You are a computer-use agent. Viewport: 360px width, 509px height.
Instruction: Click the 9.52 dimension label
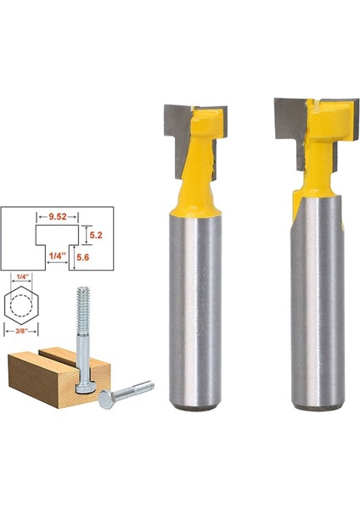click(x=58, y=216)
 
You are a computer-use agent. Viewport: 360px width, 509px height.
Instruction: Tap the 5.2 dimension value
click(x=96, y=235)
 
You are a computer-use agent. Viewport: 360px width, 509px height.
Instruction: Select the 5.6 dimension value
click(x=83, y=257)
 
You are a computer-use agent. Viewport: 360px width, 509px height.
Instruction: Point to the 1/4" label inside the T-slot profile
click(x=57, y=255)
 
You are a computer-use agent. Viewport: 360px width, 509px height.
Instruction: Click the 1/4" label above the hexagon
click(x=22, y=277)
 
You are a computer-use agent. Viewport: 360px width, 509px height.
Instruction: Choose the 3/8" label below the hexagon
click(x=21, y=331)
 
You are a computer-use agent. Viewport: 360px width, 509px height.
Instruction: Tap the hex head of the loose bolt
click(x=106, y=400)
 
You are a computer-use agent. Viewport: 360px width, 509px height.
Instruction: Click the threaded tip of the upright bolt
click(x=83, y=310)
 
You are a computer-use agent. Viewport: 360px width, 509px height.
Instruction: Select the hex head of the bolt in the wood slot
click(x=84, y=388)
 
